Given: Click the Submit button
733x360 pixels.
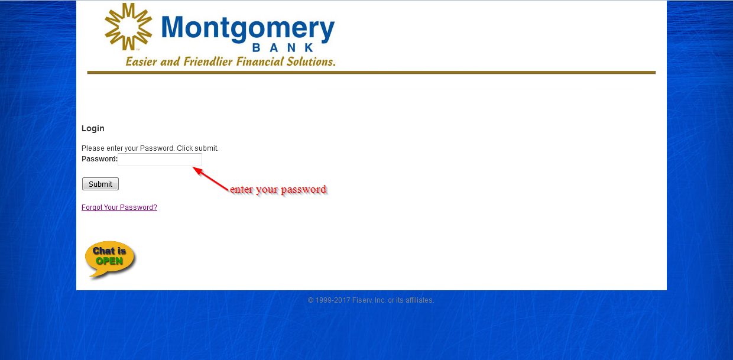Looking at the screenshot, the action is (100, 184).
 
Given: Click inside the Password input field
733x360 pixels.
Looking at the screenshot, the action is (160, 160).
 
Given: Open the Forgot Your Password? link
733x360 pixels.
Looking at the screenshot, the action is (119, 207).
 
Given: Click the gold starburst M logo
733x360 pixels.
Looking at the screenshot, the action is (128, 27).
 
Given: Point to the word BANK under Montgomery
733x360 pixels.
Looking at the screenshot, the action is (283, 48).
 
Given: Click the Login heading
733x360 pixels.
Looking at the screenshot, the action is (93, 128).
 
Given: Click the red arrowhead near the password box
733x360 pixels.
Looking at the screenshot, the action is (197, 170).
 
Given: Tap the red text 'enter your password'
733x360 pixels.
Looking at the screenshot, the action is (278, 189).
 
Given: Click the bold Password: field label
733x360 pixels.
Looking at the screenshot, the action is (99, 159).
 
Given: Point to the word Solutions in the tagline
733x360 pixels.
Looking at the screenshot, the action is (311, 61).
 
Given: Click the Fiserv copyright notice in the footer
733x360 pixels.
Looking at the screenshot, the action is (371, 300).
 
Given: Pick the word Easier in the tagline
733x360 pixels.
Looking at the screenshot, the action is (141, 61).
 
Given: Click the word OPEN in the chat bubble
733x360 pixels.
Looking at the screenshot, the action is (109, 261).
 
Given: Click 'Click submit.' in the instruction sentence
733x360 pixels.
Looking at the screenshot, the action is (197, 148).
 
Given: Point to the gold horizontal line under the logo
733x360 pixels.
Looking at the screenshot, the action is (371, 72).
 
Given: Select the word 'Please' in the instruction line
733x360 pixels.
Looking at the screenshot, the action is (93, 148).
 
